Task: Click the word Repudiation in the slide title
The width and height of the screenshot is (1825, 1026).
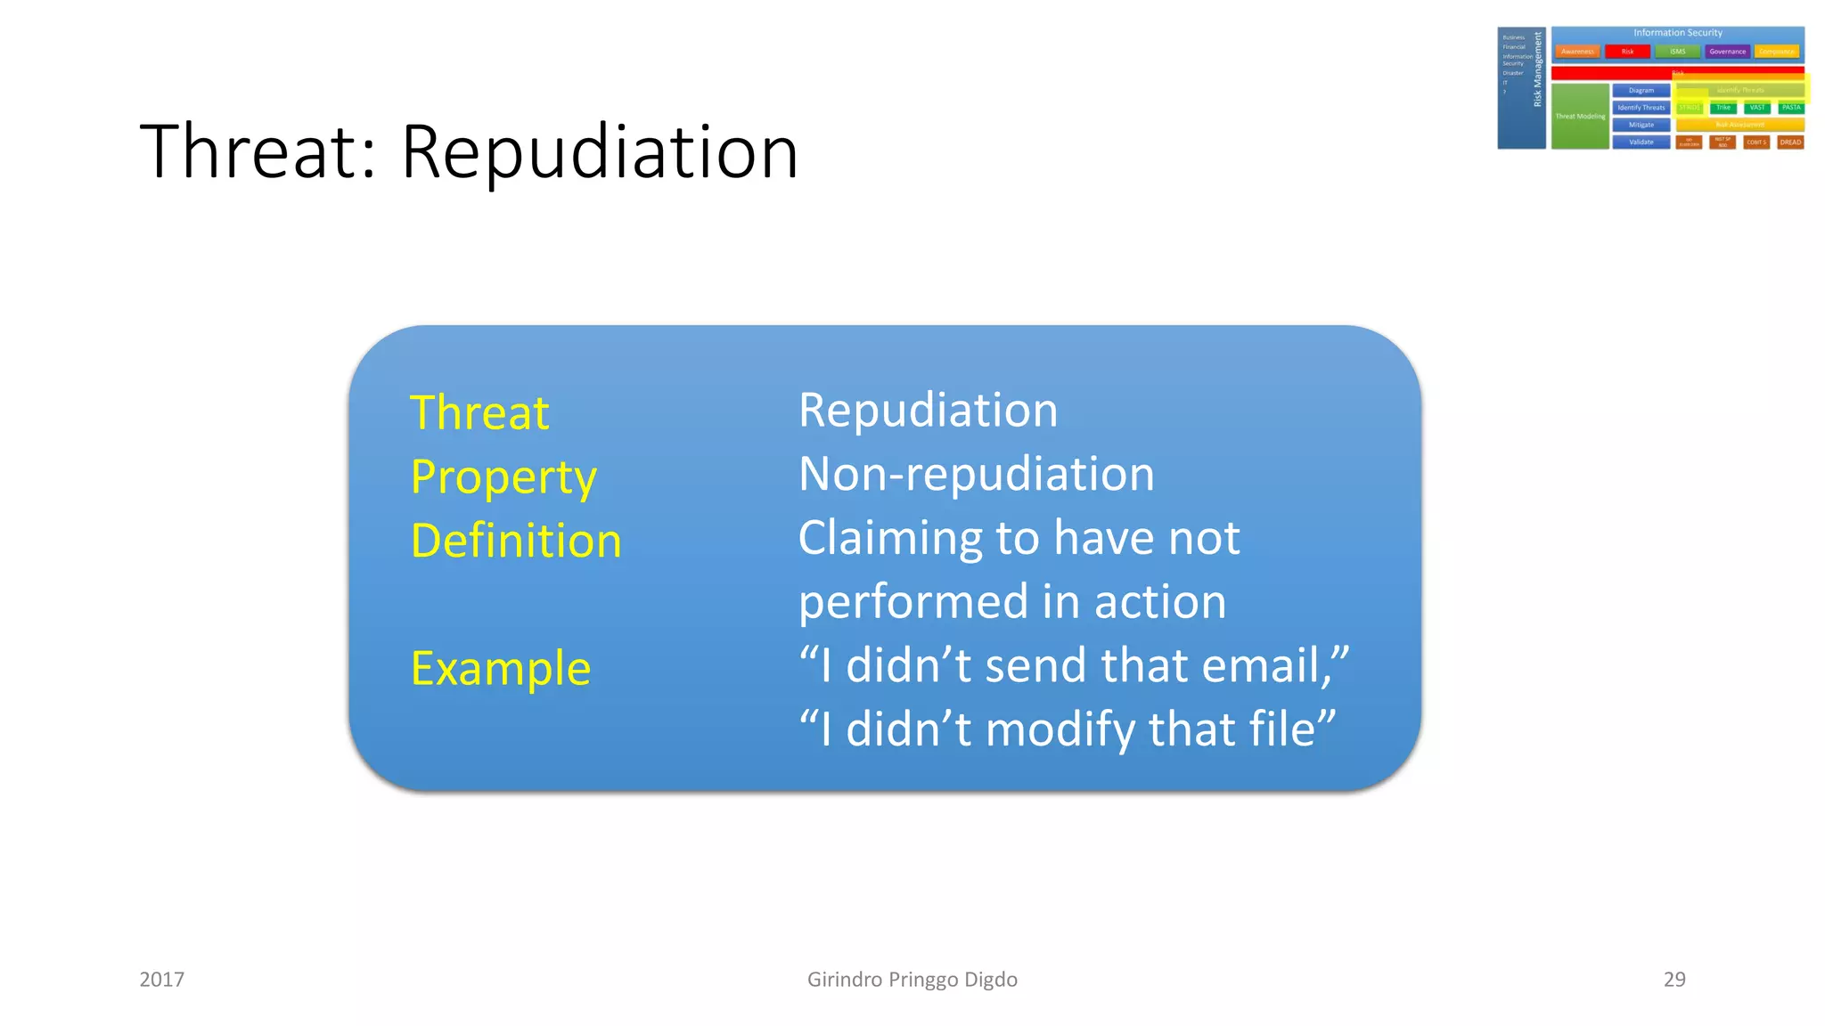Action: (x=600, y=152)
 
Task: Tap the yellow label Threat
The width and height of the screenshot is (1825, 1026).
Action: (x=479, y=413)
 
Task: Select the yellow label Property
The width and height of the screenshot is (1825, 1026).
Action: (x=503, y=478)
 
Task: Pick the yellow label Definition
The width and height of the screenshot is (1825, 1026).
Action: (x=516, y=541)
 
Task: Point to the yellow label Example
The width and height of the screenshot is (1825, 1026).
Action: (x=501, y=669)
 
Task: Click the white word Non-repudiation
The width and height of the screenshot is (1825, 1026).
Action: (x=977, y=474)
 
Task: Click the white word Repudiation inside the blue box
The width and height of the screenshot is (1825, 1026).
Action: (x=928, y=411)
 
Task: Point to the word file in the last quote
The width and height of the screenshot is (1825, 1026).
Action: (x=1281, y=729)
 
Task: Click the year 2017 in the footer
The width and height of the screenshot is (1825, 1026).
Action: (x=162, y=980)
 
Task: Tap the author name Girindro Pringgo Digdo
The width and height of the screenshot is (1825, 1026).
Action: (x=912, y=980)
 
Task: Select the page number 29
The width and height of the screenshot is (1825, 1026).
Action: (x=1674, y=980)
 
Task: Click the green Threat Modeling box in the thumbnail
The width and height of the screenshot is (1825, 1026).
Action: (x=1580, y=117)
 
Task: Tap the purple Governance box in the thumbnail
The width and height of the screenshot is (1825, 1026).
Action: (x=1727, y=52)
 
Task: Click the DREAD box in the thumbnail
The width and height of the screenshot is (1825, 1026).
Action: (x=1790, y=142)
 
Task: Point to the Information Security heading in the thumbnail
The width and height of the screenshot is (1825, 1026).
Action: (x=1677, y=33)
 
